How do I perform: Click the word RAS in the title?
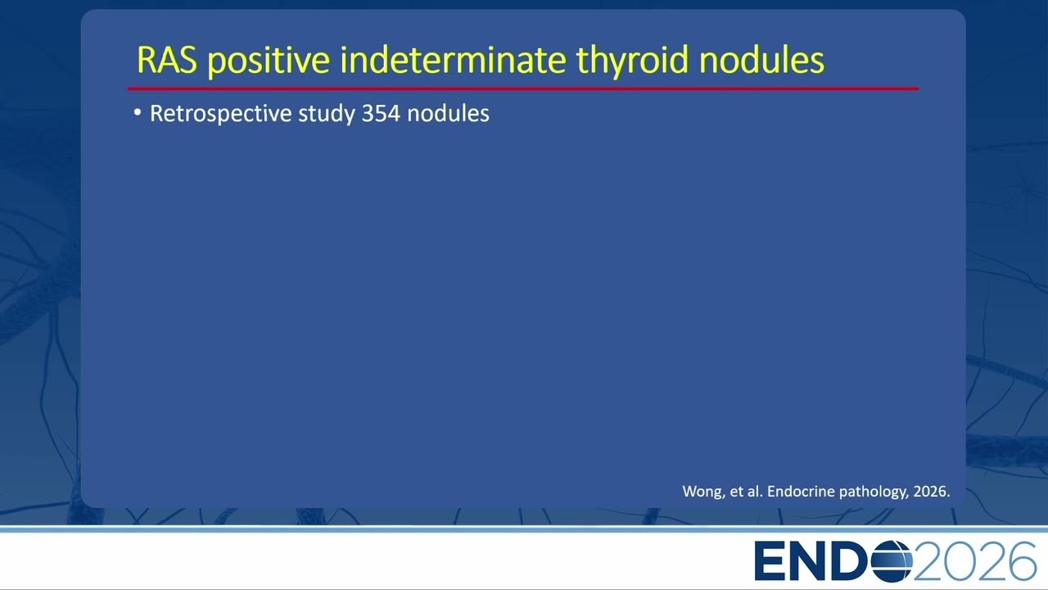click(x=167, y=60)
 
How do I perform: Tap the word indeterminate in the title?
click(x=453, y=60)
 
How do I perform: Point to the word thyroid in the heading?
click(x=633, y=61)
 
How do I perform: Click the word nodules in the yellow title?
click(x=761, y=60)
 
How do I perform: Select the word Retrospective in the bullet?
click(x=220, y=114)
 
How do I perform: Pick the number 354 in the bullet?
click(x=381, y=113)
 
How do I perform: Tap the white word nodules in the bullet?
click(x=448, y=113)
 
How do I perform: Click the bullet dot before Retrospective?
click(x=137, y=112)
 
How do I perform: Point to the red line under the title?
click(x=523, y=88)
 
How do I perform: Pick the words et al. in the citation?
click(x=746, y=491)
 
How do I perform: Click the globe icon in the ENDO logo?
click(x=892, y=561)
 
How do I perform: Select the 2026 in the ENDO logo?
click(x=974, y=561)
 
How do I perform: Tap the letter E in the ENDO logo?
click(x=770, y=561)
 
